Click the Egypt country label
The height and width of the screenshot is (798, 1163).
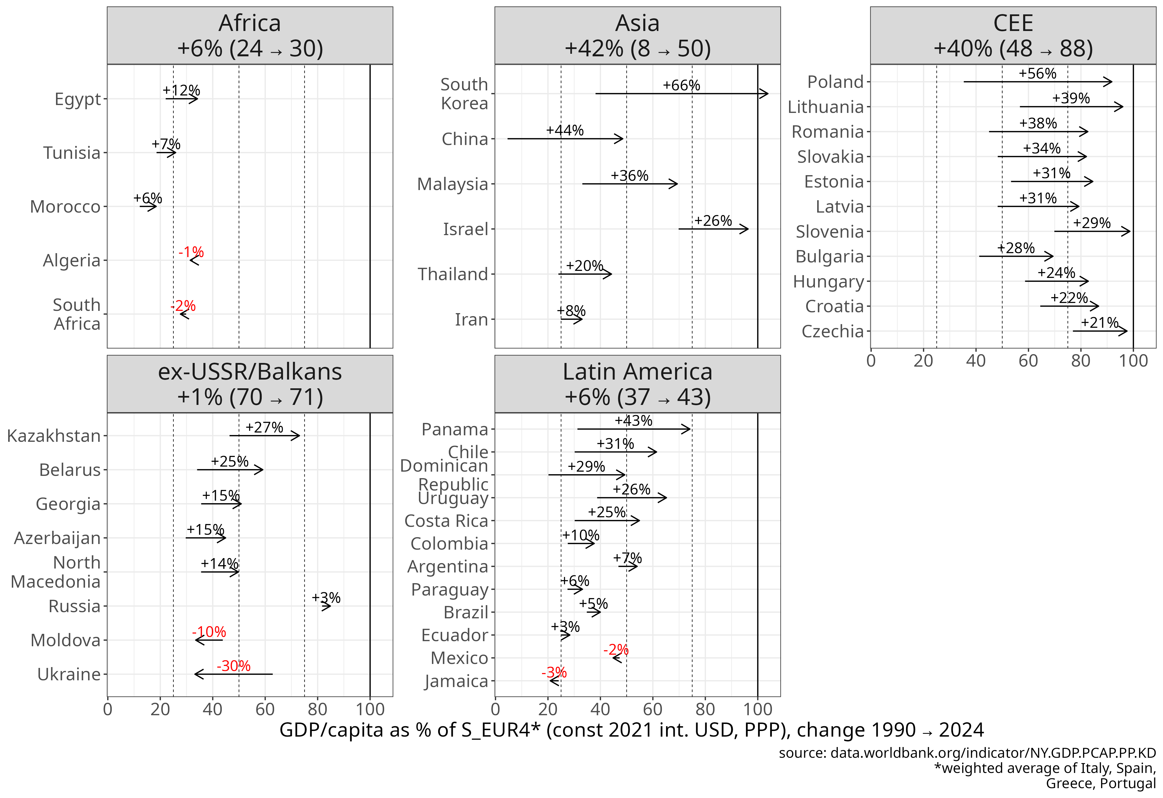[78, 99]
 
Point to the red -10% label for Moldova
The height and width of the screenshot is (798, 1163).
[209, 632]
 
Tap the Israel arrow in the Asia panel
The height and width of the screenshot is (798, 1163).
[713, 229]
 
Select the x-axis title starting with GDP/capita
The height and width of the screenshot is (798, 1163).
[631, 730]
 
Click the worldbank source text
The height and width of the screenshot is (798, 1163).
[967, 753]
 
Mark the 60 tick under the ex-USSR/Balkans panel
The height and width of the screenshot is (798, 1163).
[265, 709]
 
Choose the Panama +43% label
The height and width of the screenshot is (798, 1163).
[633, 420]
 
